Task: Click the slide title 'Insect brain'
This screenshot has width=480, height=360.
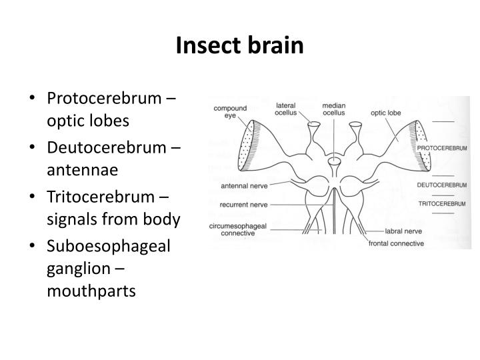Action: [239, 45]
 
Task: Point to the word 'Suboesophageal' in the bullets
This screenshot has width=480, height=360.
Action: [108, 245]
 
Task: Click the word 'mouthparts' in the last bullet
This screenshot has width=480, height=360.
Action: [91, 291]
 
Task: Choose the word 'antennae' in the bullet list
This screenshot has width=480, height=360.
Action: [82, 170]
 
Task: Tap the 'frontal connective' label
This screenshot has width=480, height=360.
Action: [396, 243]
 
